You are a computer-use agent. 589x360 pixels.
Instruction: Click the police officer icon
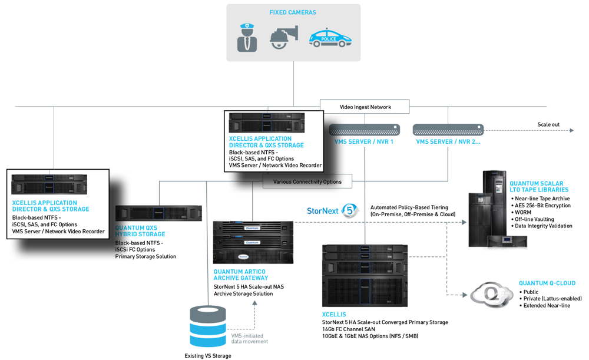[247, 37]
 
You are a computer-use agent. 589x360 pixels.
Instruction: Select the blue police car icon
[330, 38]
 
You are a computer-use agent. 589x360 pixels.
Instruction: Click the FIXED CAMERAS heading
[293, 12]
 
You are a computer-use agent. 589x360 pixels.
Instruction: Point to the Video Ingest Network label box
[365, 107]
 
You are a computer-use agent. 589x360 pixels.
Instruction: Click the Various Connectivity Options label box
[307, 181]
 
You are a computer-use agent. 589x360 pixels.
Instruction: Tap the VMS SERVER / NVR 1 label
[364, 142]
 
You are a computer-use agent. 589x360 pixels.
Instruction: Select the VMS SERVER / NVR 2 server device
[448, 129]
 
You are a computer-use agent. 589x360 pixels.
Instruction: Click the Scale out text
[549, 125]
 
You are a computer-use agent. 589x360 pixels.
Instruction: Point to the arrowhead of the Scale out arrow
[572, 131]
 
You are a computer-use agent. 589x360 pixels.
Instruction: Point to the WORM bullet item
[524, 212]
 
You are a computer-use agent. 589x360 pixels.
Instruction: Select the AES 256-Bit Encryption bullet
[543, 205]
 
